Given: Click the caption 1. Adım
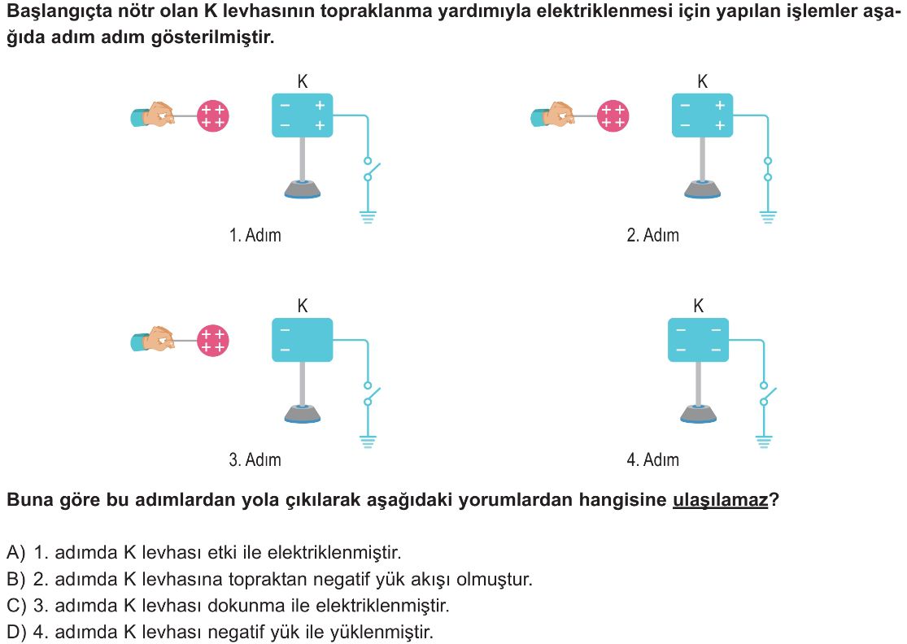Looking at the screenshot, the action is pyautogui.click(x=255, y=235).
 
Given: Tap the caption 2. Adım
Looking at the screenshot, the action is pyautogui.click(x=652, y=235).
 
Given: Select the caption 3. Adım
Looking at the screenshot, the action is pyautogui.click(x=255, y=460).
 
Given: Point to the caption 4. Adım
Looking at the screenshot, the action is pyautogui.click(x=652, y=460).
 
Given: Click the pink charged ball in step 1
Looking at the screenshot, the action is pyautogui.click(x=213, y=115).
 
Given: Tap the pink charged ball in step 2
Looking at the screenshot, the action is pyautogui.click(x=613, y=115).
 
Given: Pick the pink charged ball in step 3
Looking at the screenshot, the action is pyautogui.click(x=213, y=340).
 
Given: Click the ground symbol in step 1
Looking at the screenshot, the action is pyautogui.click(x=368, y=217).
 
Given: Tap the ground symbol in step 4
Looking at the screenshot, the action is pyautogui.click(x=764, y=442).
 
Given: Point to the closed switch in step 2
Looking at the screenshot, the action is pyautogui.click(x=768, y=169).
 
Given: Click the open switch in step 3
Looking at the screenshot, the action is pyautogui.click(x=371, y=393).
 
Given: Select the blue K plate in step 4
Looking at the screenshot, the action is pyautogui.click(x=698, y=340).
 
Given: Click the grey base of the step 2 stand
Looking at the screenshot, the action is pyautogui.click(x=702, y=189).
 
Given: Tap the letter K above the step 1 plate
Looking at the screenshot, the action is pyautogui.click(x=303, y=81).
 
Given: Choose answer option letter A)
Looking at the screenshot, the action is pyautogui.click(x=16, y=553).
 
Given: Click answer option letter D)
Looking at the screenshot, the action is pyautogui.click(x=16, y=632).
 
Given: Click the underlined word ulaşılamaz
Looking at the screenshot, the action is pyautogui.click(x=720, y=499).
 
